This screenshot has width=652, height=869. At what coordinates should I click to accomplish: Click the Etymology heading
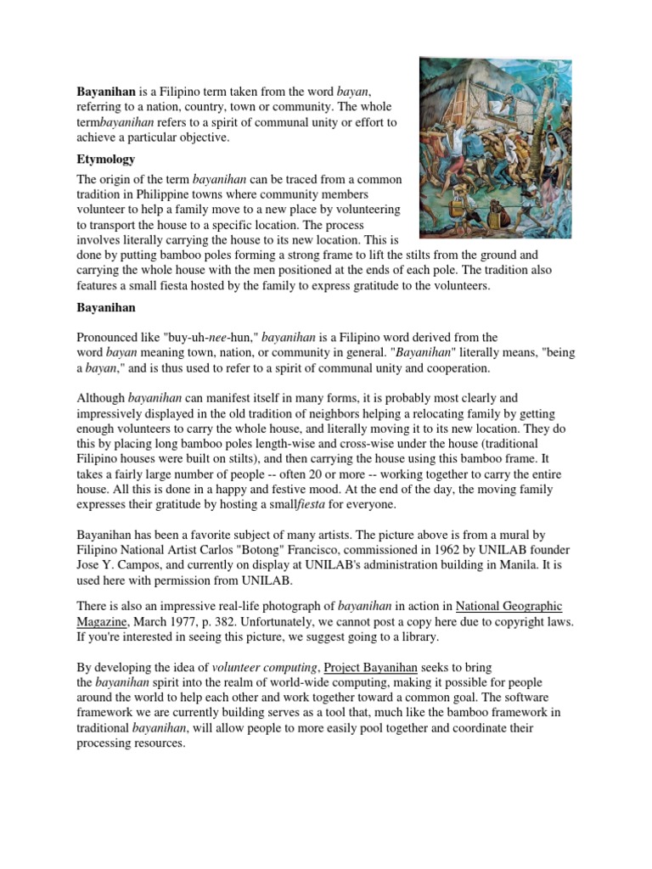(106, 159)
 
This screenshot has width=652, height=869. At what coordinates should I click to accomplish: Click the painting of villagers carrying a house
(496, 148)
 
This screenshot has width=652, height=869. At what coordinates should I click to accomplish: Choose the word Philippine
(164, 195)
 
